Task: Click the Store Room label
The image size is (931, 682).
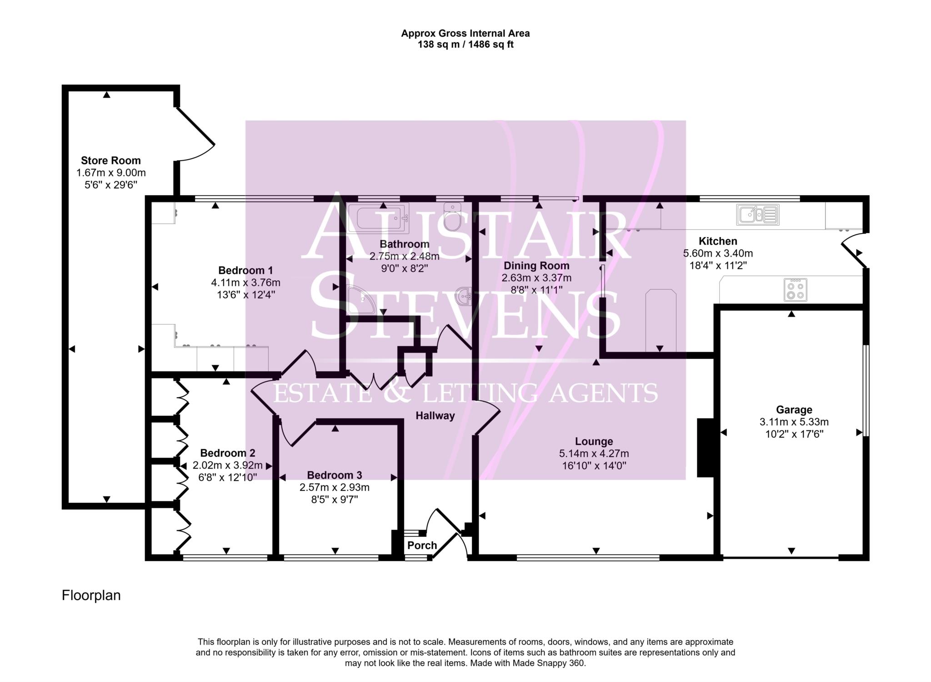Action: coord(111,161)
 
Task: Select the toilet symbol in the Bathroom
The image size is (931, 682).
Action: coord(452,217)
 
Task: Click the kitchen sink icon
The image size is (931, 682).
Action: coord(757,214)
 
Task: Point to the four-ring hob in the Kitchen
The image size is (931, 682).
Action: coord(796,290)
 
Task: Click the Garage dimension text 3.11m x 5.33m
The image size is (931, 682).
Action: coord(794,422)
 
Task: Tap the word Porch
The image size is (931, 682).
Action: coord(422,545)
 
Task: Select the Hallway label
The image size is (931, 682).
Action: coord(435,415)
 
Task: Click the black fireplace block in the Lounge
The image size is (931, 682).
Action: coord(705,448)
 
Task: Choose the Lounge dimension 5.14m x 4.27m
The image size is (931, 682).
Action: coord(594,454)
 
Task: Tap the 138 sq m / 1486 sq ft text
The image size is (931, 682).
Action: coord(465,45)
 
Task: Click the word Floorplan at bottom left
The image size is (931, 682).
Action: coord(91,595)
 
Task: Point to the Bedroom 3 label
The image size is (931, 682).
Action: coord(334,475)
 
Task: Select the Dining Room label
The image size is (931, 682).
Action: coord(536,266)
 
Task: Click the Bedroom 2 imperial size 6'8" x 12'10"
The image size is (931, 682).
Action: coord(228,477)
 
